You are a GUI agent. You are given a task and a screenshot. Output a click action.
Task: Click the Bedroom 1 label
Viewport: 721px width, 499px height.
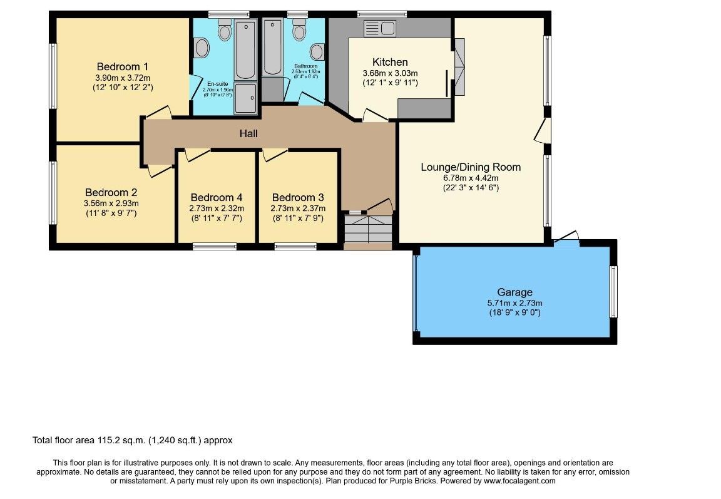tap(122, 66)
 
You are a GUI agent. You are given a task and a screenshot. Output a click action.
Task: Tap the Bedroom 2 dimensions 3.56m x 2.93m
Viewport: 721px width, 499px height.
tap(111, 203)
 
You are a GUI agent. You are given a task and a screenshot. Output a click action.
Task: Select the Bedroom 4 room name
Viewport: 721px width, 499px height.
tap(217, 197)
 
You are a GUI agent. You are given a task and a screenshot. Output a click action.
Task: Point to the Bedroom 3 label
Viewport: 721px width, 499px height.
tap(298, 197)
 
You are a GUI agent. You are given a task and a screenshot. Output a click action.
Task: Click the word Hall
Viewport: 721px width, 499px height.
tap(248, 133)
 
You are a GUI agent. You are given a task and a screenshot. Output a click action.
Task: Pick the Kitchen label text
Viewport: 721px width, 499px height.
tap(390, 62)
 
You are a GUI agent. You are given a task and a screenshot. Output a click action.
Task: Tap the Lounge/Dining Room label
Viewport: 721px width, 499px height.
tap(471, 167)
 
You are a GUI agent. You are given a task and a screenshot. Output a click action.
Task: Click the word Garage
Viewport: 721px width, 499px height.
tap(514, 292)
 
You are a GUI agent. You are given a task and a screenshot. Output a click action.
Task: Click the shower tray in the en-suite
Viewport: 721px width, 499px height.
tap(245, 98)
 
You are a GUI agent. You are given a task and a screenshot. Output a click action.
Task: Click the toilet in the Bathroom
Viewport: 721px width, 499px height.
tap(299, 31)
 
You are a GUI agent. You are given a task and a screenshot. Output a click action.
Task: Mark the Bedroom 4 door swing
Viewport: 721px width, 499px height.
tap(197, 154)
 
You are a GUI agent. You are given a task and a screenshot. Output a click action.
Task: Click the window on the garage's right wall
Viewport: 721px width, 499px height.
tap(613, 292)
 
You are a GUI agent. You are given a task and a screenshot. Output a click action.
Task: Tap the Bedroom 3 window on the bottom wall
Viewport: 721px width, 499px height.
tap(295, 247)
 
